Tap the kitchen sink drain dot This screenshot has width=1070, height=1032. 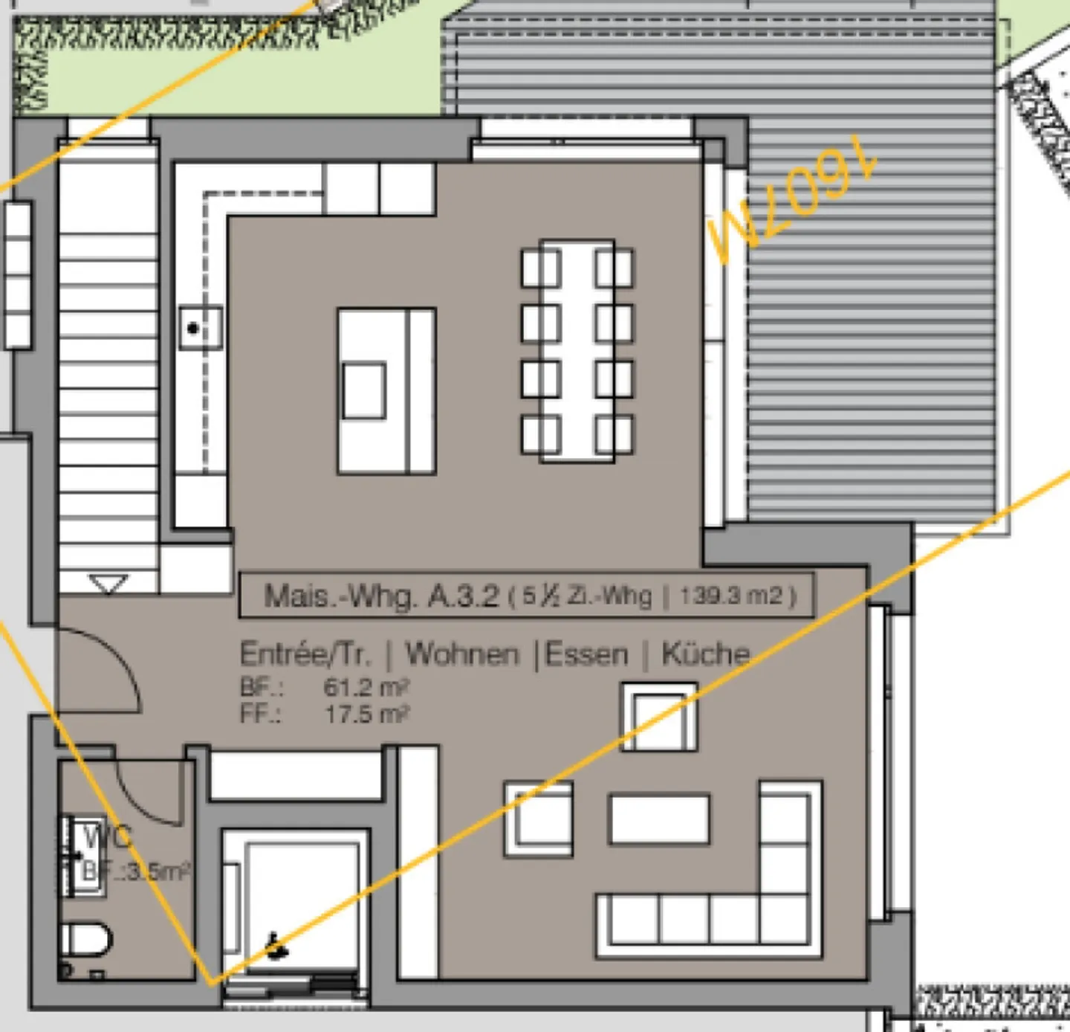(193, 328)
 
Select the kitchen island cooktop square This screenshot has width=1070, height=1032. (364, 390)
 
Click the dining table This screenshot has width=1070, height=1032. (577, 351)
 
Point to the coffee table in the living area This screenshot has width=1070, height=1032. (658, 819)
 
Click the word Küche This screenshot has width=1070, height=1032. (705, 654)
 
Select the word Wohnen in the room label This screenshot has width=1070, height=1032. (461, 654)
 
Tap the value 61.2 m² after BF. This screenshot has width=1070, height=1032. (366, 686)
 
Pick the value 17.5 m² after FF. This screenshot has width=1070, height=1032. (366, 714)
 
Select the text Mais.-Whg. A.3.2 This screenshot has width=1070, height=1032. (381, 596)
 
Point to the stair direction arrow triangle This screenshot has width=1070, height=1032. (108, 584)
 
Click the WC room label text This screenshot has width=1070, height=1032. (108, 837)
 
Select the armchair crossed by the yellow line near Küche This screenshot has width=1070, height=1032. (659, 717)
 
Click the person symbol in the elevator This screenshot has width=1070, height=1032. (276, 946)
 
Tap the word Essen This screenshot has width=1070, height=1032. (586, 654)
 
